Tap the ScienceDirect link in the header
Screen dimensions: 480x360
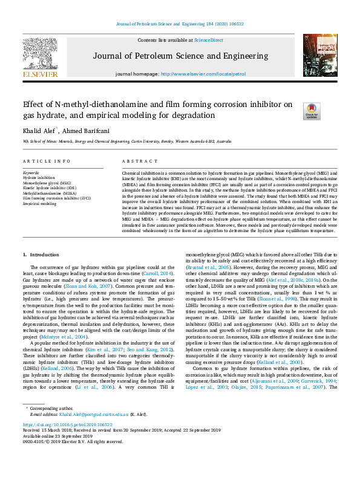pyautogui.click(x=208, y=40)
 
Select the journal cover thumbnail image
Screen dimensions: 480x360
pyautogui.click(x=320, y=55)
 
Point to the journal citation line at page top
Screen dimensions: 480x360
pyautogui.click(x=180, y=24)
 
